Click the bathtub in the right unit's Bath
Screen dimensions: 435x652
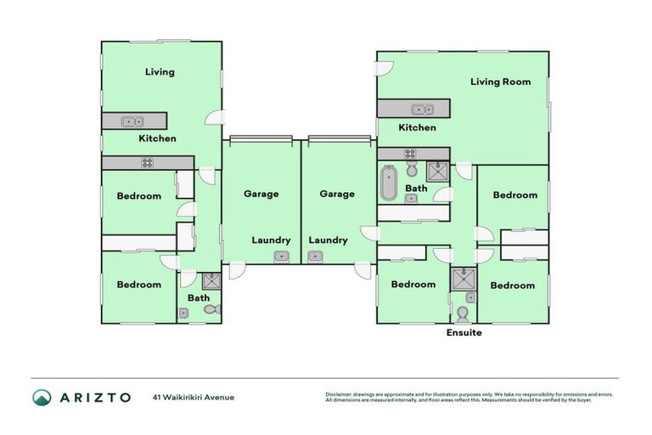(x=388, y=183)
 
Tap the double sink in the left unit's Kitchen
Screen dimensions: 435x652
(x=132, y=121)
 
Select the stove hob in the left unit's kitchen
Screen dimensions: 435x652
(x=147, y=162)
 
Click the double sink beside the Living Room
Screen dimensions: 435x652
(x=423, y=110)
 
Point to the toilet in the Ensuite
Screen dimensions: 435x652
(x=463, y=314)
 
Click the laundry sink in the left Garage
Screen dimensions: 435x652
(x=281, y=257)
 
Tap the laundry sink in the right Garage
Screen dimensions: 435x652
(x=316, y=257)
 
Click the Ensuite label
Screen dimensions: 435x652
(x=464, y=333)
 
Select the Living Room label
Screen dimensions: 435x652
(x=501, y=82)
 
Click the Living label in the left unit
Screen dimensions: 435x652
(x=160, y=72)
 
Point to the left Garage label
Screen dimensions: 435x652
(x=261, y=194)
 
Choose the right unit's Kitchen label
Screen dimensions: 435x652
(x=418, y=127)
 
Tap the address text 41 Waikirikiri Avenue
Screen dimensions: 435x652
(x=194, y=397)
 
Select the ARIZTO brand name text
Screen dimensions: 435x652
(x=95, y=397)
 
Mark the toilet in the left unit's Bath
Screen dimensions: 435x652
(x=211, y=308)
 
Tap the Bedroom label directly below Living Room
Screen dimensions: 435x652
(x=515, y=195)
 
